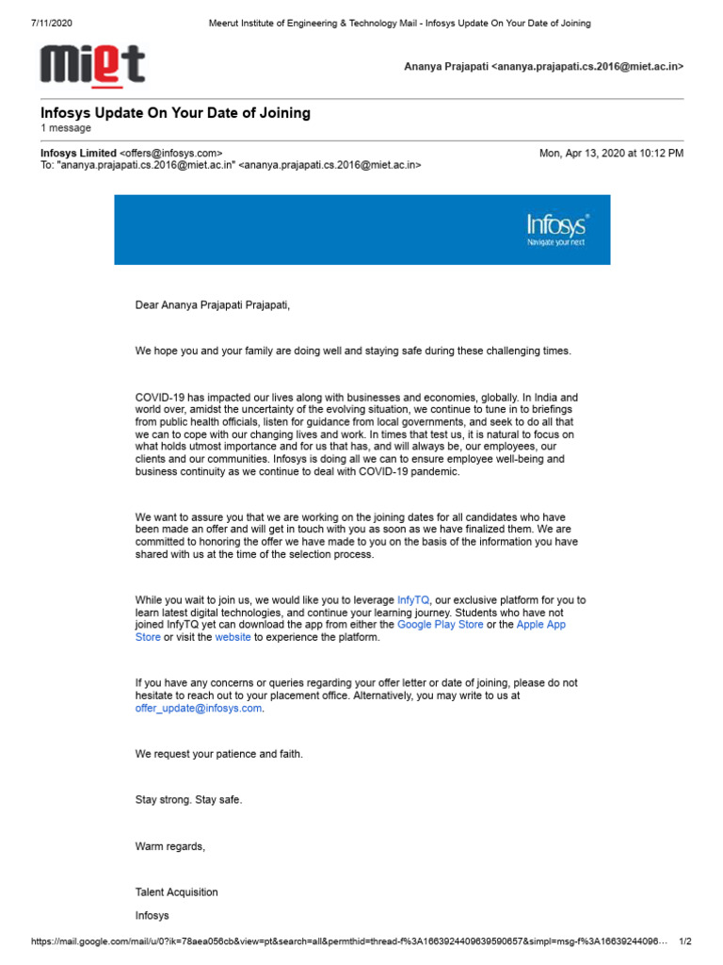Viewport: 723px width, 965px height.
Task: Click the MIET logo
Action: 92,66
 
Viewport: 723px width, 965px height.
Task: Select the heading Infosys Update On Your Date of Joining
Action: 175,113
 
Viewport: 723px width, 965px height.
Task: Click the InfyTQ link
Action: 413,599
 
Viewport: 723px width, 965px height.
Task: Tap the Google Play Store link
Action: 440,625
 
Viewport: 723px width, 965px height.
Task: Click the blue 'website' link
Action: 233,637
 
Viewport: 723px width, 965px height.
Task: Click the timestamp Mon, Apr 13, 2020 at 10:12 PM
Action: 611,153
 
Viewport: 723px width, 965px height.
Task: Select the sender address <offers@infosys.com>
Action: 170,153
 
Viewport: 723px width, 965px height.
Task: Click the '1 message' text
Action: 66,128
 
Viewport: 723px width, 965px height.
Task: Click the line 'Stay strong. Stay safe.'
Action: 188,799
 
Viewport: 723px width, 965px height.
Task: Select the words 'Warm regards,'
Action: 169,846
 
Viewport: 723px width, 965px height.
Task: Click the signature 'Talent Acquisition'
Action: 176,891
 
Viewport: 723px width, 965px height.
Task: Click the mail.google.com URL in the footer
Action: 348,941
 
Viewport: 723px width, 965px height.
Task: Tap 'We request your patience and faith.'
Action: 219,754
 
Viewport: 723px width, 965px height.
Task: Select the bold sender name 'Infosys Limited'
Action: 78,153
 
